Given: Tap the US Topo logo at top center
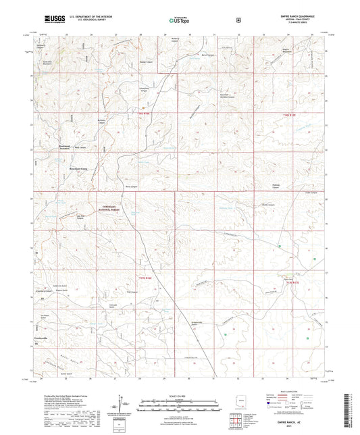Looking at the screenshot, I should (178, 22).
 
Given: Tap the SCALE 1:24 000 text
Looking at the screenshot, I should (180, 396).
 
